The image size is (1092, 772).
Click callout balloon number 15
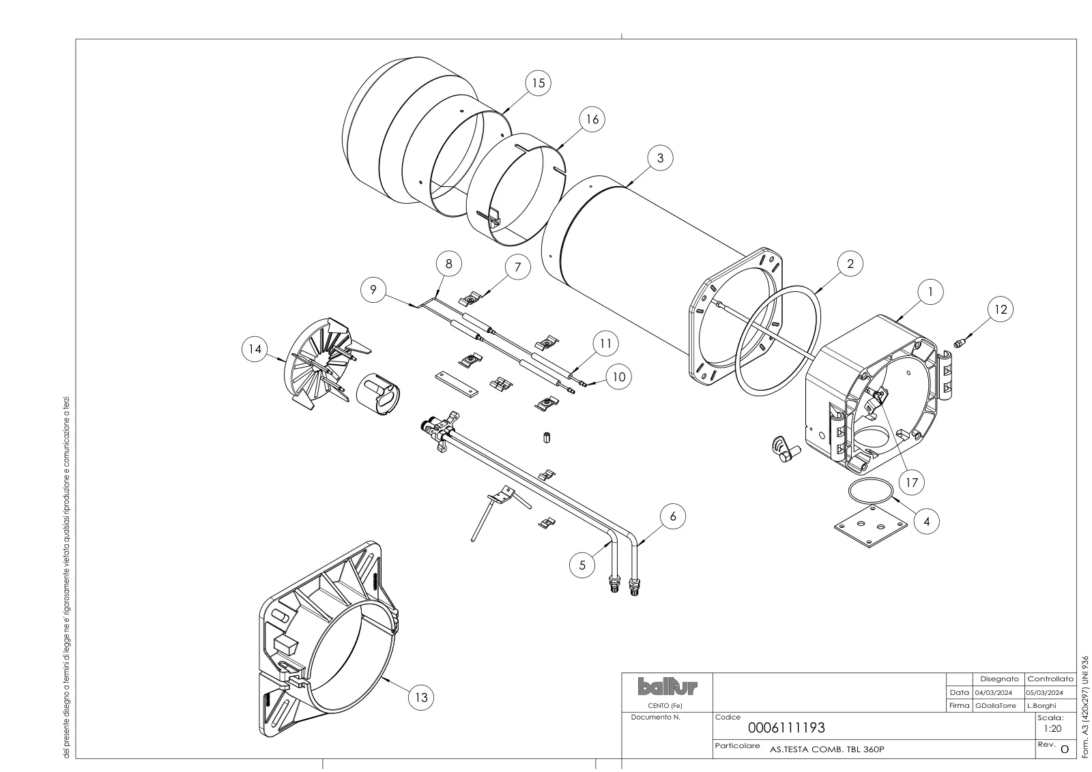538,83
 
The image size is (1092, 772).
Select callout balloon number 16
592,119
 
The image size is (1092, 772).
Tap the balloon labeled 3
660,158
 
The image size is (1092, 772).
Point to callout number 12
1001,310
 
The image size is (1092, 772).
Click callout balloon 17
911,482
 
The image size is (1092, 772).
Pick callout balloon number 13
420,698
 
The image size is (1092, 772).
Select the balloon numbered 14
255,348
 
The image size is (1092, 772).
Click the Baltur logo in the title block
667,687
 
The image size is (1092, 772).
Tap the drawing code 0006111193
786,728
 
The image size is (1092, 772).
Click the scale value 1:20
1052,728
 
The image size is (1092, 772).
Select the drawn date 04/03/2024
994,693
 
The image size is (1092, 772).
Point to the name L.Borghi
1041,705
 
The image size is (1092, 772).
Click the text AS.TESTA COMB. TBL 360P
827,749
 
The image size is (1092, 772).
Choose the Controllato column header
1050,679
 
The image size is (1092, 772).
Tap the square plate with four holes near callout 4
871,526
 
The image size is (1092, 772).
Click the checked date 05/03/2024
1044,693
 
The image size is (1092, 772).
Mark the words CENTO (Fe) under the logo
665,706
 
